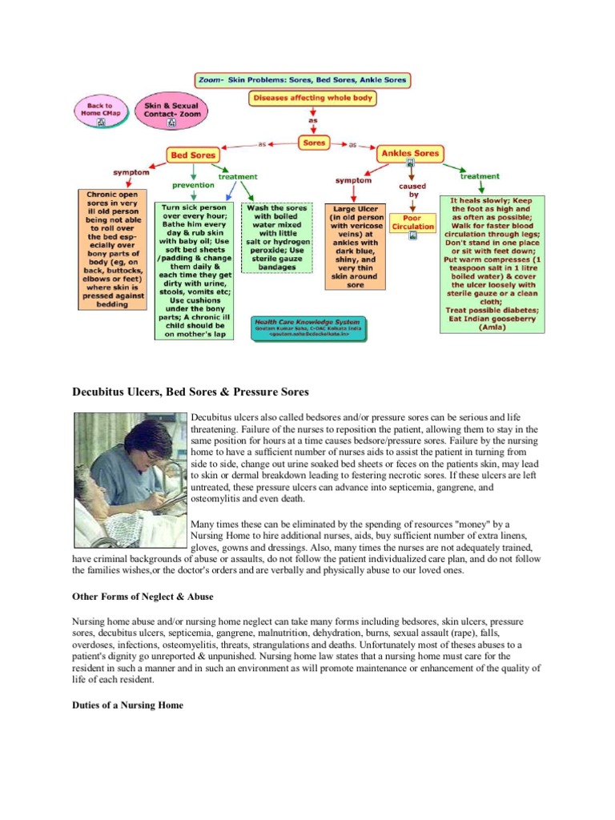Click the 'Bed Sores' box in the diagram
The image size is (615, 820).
pos(193,153)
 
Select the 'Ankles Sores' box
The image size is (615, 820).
pos(410,153)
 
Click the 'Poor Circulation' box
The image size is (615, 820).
pos(412,222)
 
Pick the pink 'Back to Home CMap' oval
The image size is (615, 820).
pos(101,111)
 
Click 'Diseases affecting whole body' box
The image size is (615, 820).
pos(312,99)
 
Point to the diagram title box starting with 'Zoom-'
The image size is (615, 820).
pos(303,80)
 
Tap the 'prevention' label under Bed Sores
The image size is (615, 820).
pos(193,184)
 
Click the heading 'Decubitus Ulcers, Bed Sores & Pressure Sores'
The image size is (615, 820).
pos(191,392)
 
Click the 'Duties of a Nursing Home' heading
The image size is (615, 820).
pos(128,705)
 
